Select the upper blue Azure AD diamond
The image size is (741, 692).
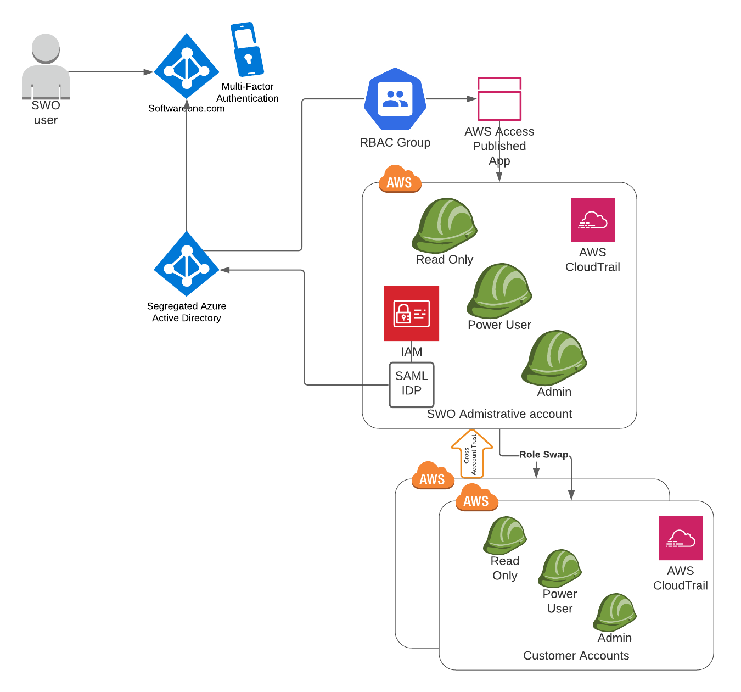click(x=187, y=66)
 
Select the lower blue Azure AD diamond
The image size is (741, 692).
click(x=187, y=264)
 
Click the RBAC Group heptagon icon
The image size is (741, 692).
click(x=395, y=99)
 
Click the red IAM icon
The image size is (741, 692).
click(x=412, y=314)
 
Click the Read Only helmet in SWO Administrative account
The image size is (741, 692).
click(x=445, y=226)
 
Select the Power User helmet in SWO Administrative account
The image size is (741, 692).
click(x=499, y=291)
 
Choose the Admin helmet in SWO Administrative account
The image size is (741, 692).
click(x=554, y=358)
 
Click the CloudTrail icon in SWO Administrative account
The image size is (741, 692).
click(x=593, y=220)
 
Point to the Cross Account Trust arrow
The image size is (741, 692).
click(x=471, y=454)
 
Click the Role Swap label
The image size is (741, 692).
click(x=543, y=455)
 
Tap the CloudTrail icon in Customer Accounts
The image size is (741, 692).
click(x=681, y=538)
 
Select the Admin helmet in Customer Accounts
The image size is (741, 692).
click(x=615, y=612)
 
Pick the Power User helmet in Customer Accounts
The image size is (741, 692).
click(x=560, y=568)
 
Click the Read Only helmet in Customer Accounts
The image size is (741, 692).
click(x=505, y=535)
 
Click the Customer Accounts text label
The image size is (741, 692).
click(x=576, y=656)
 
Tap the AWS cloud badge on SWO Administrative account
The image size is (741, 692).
click(x=400, y=180)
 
